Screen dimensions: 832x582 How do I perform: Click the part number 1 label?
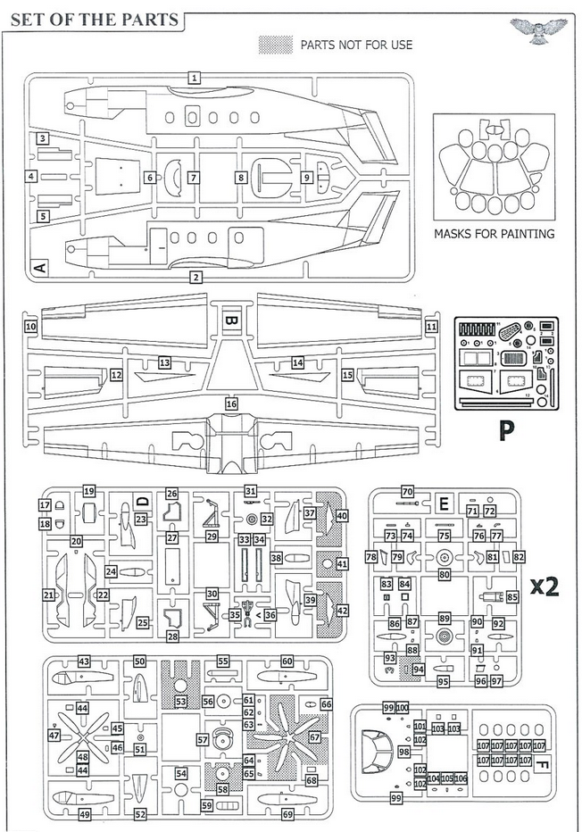point(194,79)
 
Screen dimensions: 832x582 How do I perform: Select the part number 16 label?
point(232,404)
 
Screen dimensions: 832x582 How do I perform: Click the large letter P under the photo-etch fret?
point(506,431)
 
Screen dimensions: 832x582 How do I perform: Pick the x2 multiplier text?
point(544,587)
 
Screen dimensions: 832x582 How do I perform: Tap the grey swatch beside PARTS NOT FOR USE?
point(274,44)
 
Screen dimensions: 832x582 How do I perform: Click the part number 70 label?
point(408,492)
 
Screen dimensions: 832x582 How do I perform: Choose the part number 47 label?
point(54,736)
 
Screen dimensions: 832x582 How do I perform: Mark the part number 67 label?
point(314,737)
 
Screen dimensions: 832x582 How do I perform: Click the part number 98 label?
point(403,753)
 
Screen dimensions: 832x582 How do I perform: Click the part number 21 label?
point(48,595)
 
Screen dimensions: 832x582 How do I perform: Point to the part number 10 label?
point(30,327)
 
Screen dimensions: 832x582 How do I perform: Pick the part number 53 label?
point(180,703)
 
